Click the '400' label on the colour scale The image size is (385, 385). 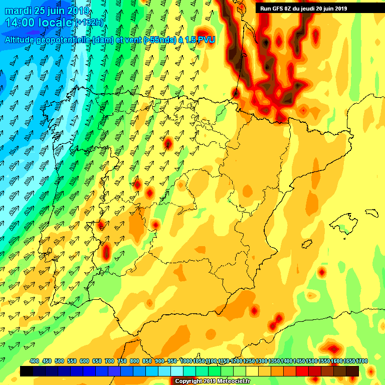[x=35, y=361]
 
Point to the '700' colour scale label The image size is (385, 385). [x=109, y=361]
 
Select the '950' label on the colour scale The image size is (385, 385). [x=172, y=361]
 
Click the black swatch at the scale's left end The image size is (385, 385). [x=27, y=371]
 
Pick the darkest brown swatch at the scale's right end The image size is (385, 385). [x=352, y=371]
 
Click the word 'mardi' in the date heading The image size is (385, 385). [x=17, y=10]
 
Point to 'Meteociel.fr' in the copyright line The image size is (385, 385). [x=233, y=381]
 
